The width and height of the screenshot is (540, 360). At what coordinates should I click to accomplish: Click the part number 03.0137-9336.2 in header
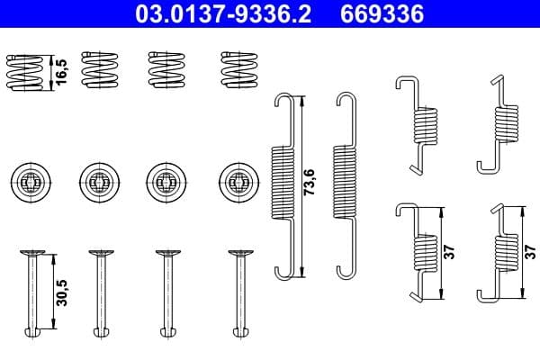tap(229, 15)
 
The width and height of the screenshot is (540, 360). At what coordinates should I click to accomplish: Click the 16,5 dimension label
tap(62, 71)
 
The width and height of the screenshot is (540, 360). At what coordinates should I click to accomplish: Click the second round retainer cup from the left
tap(97, 182)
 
